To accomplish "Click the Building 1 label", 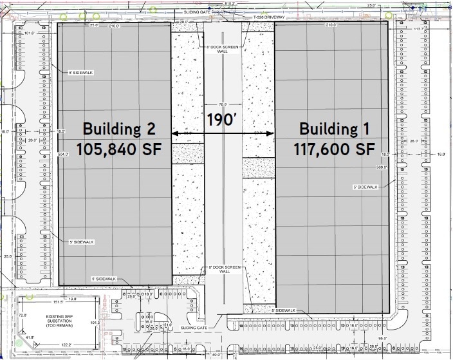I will tap(334, 128).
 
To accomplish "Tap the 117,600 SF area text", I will tap(334, 149).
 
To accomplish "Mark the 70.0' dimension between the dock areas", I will tap(223, 104).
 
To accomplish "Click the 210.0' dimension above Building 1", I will tap(331, 25).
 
